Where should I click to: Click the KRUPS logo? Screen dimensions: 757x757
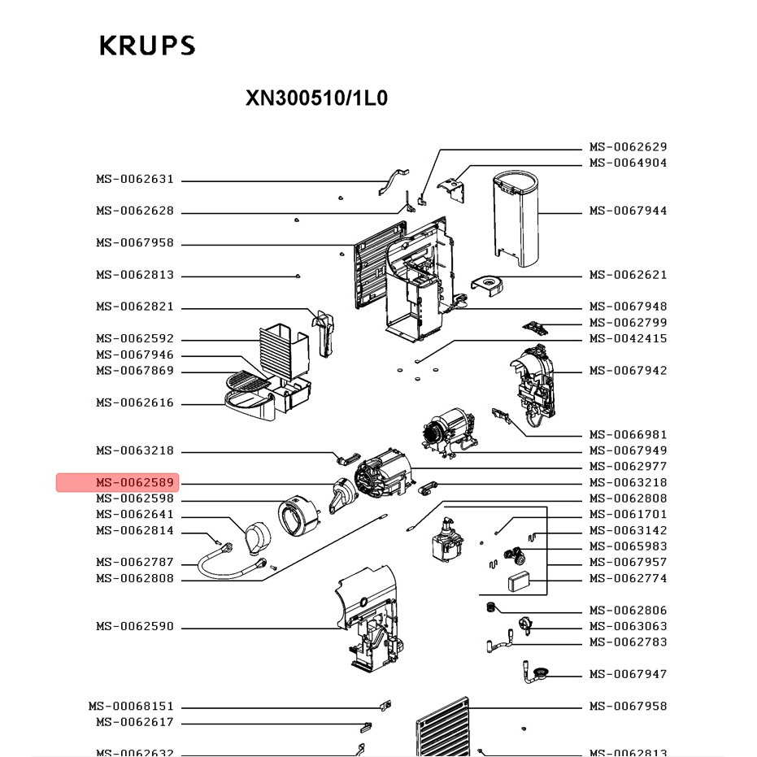147,46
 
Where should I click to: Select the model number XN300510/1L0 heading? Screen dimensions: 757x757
316,98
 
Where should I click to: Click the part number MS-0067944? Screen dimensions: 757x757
628,211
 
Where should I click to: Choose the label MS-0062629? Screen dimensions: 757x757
628,147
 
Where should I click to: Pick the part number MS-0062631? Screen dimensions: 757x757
135,180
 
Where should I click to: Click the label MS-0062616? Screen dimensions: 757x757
135,403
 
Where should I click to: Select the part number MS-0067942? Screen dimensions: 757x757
628,371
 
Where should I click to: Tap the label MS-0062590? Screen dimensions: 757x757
135,627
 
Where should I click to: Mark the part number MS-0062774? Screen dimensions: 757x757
628,579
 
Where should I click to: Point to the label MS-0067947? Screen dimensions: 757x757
628,674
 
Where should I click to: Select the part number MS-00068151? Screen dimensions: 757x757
131,707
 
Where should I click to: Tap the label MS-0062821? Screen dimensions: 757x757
135,307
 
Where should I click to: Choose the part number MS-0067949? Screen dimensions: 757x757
628,450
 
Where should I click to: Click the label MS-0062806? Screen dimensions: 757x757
628,611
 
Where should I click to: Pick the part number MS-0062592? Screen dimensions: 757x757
135,339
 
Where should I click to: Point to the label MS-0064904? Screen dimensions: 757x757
628,163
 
